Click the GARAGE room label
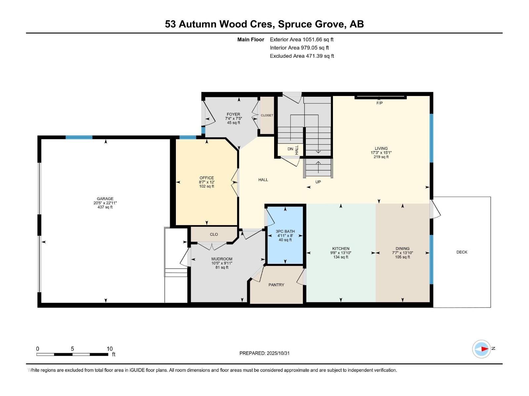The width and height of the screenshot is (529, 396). (x=105, y=199)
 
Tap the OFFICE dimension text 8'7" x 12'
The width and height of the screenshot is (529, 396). (x=207, y=182)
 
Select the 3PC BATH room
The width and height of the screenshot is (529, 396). (x=285, y=235)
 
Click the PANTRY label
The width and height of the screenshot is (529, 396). (x=276, y=285)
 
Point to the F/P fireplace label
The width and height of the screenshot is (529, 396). (x=379, y=103)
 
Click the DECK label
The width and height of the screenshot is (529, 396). (x=462, y=252)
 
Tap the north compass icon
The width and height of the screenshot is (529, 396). (x=481, y=349)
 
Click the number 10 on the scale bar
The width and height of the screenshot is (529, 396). (x=109, y=349)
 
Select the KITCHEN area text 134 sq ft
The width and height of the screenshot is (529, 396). (x=341, y=257)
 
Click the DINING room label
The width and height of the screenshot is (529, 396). (x=402, y=248)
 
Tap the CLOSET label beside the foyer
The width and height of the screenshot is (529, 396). (x=267, y=115)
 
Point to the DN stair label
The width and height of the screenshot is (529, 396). (x=290, y=149)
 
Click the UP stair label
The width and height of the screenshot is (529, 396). (x=318, y=182)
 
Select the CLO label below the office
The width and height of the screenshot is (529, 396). (x=214, y=234)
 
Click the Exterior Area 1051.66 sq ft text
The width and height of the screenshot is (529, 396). (x=302, y=40)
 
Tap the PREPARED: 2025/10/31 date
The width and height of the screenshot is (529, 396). (x=264, y=353)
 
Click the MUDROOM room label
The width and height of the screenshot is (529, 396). (x=222, y=259)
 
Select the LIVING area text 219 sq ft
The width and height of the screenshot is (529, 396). (x=381, y=157)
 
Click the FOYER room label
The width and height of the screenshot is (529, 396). (x=233, y=114)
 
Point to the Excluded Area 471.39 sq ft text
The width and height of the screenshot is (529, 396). (x=302, y=56)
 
